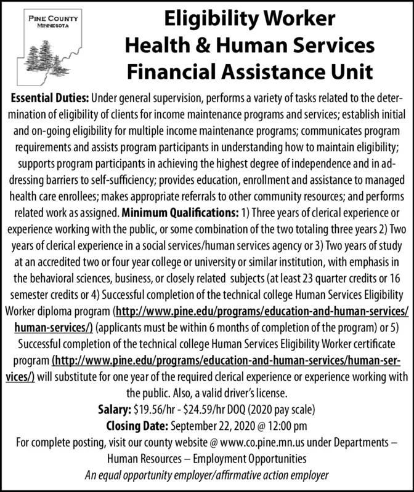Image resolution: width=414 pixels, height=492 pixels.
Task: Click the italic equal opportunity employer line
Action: point(206,474)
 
